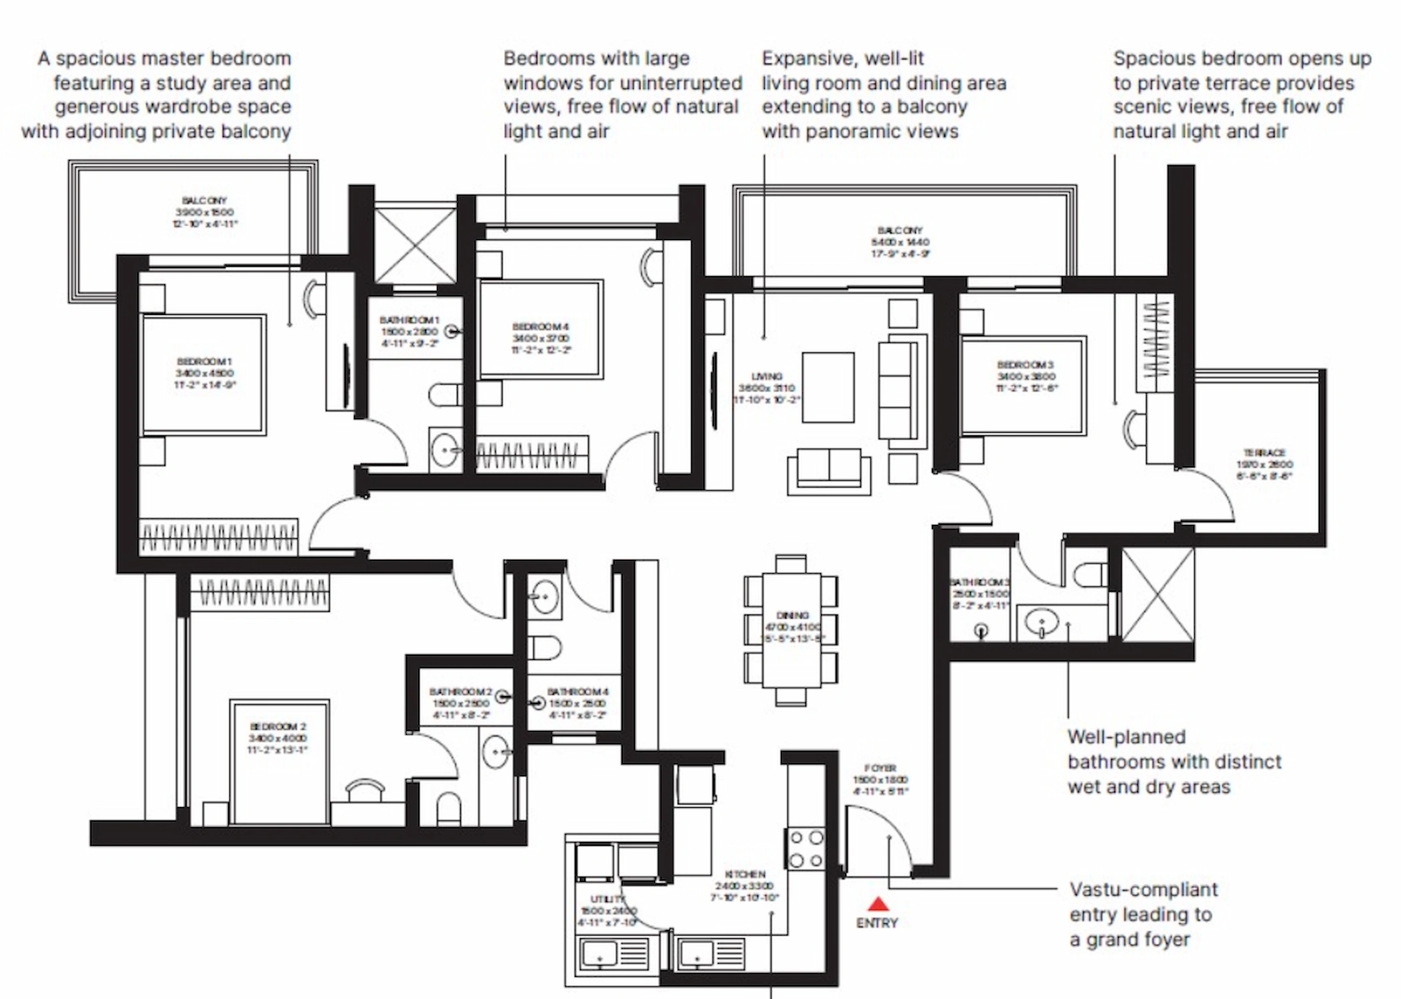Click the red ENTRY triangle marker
(878, 905)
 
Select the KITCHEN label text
(745, 874)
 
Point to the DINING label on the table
(792, 615)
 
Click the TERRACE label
(1264, 453)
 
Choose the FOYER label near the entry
(880, 768)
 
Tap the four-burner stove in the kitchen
(806, 849)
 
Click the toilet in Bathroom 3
(1089, 574)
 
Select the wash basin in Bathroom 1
(444, 450)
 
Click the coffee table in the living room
(828, 388)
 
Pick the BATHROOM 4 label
(577, 691)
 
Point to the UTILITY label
(607, 899)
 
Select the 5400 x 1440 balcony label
(900, 241)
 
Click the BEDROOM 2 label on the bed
(278, 727)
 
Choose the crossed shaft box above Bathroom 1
(415, 246)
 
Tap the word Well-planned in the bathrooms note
(1126, 737)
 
